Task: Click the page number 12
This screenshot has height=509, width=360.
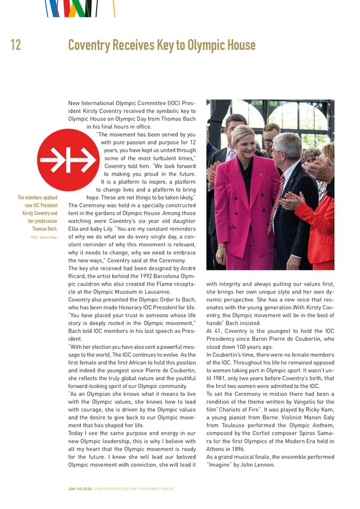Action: [x=16, y=45]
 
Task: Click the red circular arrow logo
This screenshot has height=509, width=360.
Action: [x=68, y=160]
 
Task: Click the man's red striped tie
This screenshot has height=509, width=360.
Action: [x=276, y=203]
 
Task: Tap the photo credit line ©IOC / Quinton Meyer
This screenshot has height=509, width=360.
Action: [x=44, y=237]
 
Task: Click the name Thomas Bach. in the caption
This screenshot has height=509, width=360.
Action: [x=45, y=229]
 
